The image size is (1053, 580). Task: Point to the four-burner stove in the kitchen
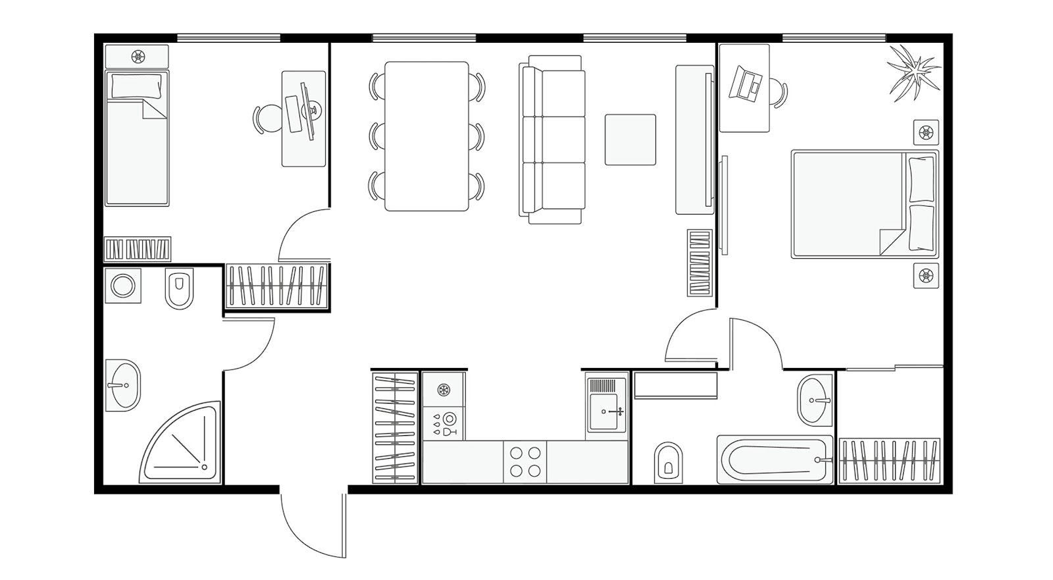[x=525, y=461]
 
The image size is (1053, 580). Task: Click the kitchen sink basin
[x=606, y=412]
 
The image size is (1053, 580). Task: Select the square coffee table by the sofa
[x=630, y=140]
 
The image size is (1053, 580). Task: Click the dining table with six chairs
[x=426, y=136]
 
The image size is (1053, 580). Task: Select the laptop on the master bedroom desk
[x=746, y=82]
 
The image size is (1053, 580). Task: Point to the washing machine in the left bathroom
[x=122, y=286]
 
